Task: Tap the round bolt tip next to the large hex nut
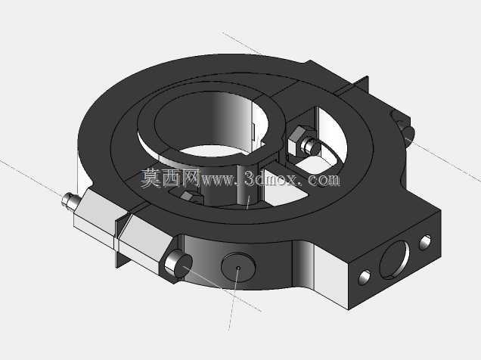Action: [x=311, y=147]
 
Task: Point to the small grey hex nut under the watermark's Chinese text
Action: [x=188, y=196]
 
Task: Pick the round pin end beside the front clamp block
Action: [x=178, y=264]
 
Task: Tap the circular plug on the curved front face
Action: [x=238, y=268]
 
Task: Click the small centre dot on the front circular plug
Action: [x=238, y=268]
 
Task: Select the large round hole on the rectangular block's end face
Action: [x=394, y=259]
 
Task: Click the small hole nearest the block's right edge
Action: [x=425, y=242]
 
